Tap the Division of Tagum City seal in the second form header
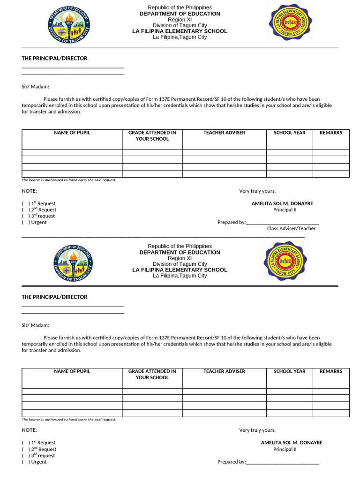[73, 263]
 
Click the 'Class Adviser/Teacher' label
[291, 229]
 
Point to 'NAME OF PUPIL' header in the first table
[72, 133]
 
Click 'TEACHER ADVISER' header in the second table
[224, 372]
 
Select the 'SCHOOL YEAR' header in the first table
[289, 133]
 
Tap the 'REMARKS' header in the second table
[331, 372]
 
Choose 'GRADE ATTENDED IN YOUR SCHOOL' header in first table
[152, 136]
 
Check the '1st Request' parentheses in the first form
[25, 204]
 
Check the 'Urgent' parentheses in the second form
[25, 462]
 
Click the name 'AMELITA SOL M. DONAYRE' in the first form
[282, 204]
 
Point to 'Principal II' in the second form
[285, 450]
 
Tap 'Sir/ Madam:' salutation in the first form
[35, 87]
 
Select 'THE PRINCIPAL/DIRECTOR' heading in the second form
[54, 297]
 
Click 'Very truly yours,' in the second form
[257, 430]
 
